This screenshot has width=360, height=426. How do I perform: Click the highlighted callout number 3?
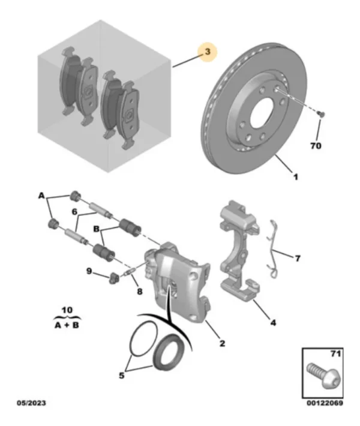tap(208, 52)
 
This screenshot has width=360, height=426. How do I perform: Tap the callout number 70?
tap(316, 146)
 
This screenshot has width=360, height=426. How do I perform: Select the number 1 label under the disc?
tap(296, 177)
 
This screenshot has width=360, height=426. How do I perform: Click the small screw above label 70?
tap(321, 113)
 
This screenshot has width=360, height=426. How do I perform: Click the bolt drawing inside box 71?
tap(323, 376)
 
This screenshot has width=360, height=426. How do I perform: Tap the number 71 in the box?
tap(335, 354)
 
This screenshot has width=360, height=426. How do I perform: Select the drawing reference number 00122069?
tap(325, 403)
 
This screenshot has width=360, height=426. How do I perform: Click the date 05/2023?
tap(31, 403)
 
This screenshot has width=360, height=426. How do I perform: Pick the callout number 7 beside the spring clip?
tap(298, 258)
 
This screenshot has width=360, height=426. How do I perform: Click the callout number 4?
tap(273, 322)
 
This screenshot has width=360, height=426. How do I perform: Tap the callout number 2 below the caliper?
tap(222, 343)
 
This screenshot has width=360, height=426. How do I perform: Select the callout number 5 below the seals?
tap(121, 376)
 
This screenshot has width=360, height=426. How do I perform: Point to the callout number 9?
tap(89, 271)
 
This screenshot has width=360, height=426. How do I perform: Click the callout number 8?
tap(139, 292)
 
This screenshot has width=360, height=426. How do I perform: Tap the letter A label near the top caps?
tap(41, 196)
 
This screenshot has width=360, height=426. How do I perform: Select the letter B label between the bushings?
tap(96, 229)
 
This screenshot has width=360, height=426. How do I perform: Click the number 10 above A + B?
tap(67, 310)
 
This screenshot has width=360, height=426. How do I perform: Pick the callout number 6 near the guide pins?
tap(75, 212)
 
